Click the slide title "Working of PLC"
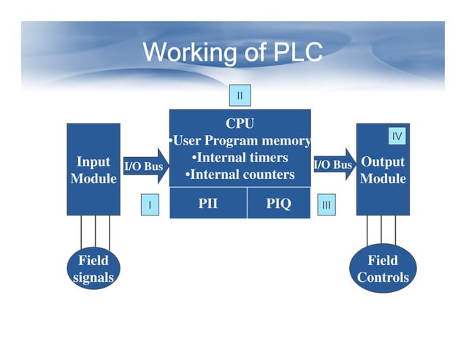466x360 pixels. [x=232, y=53]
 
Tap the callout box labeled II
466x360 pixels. [x=240, y=95]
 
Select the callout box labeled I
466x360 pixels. [x=150, y=205]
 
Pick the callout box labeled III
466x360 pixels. [x=326, y=205]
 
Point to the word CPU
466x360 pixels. [x=240, y=124]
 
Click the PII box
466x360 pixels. [x=207, y=204]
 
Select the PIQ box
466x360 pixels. [x=278, y=204]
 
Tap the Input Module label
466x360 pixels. [x=93, y=170]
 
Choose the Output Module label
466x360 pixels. [x=383, y=170]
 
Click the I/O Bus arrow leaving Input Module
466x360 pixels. [x=146, y=166]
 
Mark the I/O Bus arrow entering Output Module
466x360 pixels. [x=335, y=165]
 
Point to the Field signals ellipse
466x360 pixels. [x=93, y=269]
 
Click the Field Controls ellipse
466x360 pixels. [x=383, y=269]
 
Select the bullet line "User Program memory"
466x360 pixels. [x=240, y=140]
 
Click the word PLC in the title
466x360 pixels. [x=294, y=53]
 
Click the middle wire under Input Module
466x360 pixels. [x=95, y=231]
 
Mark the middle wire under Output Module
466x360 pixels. [x=381, y=231]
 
